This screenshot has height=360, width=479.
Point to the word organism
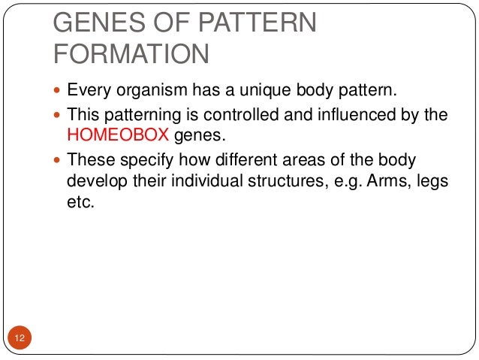click(x=145, y=93)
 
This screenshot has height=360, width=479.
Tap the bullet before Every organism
click(x=59, y=93)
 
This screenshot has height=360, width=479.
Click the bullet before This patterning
click(x=59, y=115)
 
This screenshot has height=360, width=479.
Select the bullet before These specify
click(x=59, y=160)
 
